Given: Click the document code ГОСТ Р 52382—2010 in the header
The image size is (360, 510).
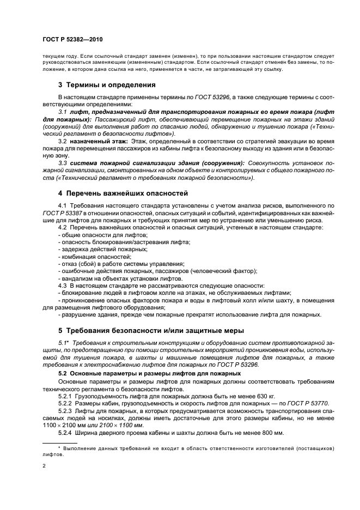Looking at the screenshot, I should [x=72, y=40].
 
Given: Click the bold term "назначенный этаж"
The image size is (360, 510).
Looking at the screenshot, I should [x=99, y=140].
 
